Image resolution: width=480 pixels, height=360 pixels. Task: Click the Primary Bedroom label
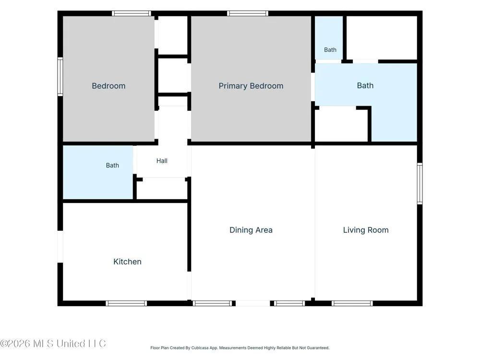251,86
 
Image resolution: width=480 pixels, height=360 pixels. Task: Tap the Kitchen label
127,262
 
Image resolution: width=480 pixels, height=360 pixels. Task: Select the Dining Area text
251,230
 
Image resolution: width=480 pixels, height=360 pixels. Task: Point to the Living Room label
366,230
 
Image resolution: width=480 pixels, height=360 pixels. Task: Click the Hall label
162,161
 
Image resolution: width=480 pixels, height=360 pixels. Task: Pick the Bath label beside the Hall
112,165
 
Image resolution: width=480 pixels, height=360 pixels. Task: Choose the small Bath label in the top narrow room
330,50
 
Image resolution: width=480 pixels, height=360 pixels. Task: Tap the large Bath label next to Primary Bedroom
365,86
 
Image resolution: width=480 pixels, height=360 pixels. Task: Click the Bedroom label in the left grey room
108,86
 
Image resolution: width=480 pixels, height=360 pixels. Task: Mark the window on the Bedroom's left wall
60,76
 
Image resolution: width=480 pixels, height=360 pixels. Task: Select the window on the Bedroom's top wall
132,13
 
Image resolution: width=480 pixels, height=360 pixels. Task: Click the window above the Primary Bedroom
248,13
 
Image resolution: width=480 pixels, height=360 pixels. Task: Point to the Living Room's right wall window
420,184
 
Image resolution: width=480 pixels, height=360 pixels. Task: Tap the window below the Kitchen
126,303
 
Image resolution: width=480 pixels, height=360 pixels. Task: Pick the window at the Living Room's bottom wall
352,303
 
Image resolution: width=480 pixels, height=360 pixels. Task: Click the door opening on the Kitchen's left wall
60,247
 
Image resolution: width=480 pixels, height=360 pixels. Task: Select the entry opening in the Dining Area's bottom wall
253,303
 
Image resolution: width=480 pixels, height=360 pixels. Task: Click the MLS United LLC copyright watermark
53,344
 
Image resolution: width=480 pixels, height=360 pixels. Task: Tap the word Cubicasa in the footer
200,348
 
